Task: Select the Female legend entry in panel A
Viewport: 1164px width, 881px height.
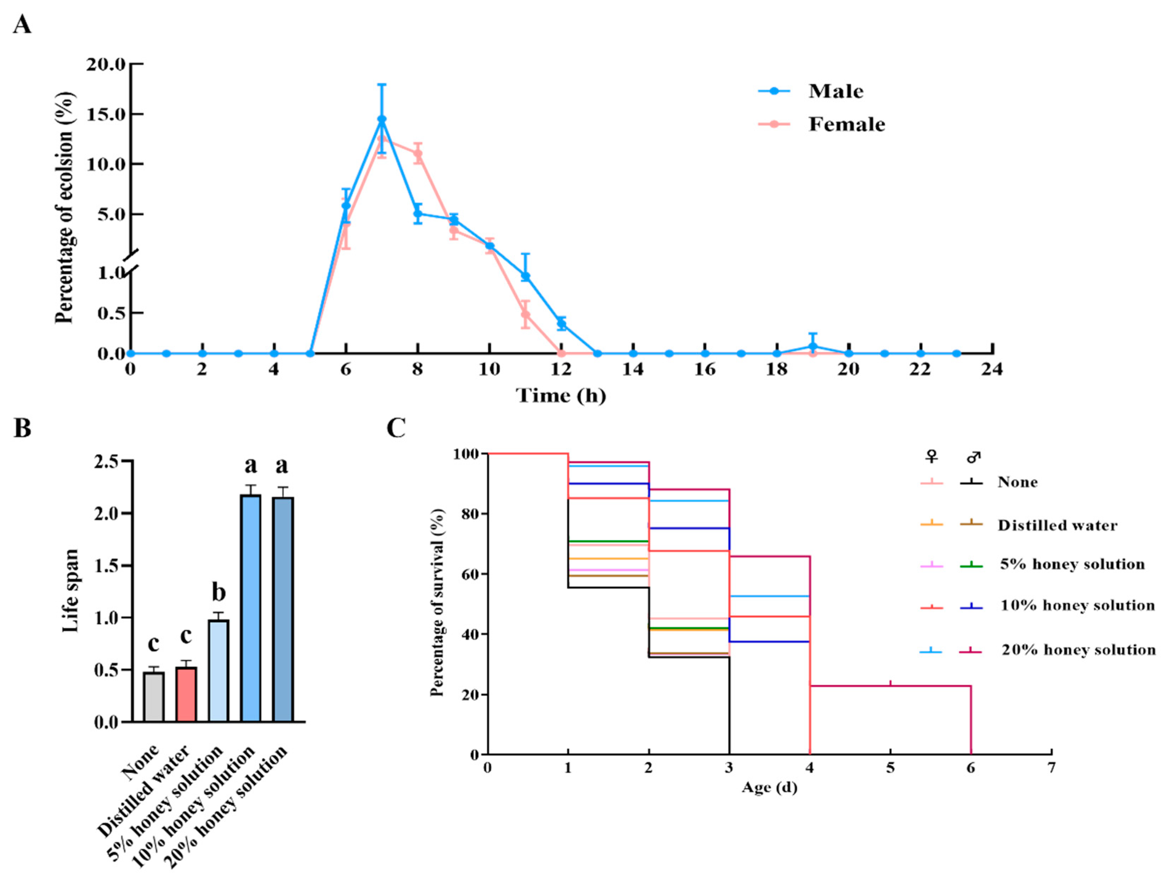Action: [846, 124]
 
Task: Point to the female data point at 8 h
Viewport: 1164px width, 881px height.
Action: [418, 154]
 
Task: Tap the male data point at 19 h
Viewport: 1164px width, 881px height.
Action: [813, 347]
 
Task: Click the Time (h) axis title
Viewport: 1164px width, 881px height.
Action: [561, 395]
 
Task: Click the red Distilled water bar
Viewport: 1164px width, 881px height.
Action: [186, 694]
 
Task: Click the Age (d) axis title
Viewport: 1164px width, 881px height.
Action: [770, 787]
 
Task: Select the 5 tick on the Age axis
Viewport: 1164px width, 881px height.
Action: [890, 768]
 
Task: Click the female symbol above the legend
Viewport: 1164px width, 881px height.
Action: [932, 457]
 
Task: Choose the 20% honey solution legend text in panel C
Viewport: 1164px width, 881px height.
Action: [1078, 650]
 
